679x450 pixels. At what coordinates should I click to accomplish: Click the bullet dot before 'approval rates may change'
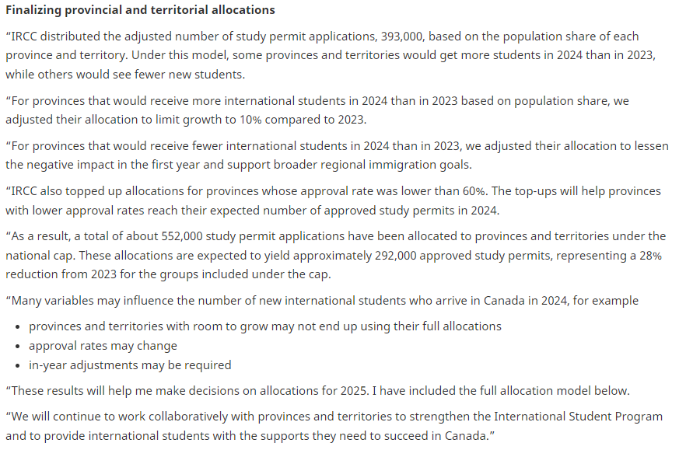click(x=19, y=346)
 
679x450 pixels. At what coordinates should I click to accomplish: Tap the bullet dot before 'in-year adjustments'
click(x=19, y=365)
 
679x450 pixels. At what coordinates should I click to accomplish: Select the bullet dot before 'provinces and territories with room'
click(x=19, y=326)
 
